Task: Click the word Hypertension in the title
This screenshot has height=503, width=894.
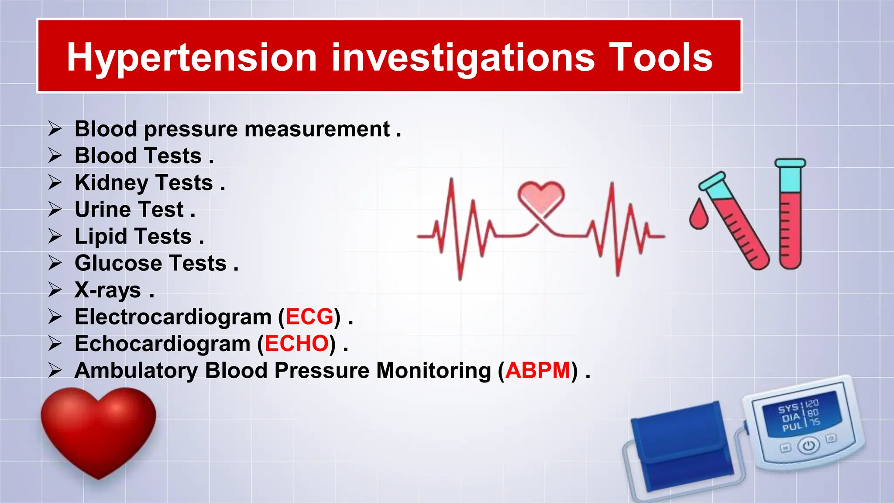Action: (x=191, y=58)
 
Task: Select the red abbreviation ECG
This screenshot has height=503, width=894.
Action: (x=309, y=317)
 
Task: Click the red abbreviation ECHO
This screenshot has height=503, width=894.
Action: (x=296, y=344)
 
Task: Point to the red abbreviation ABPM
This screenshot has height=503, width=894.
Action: (x=538, y=371)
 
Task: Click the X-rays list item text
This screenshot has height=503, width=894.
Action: (x=108, y=290)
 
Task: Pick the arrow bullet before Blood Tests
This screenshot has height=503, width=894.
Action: (x=55, y=156)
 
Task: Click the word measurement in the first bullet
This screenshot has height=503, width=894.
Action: (x=317, y=129)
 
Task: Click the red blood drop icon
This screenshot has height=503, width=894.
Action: (x=698, y=214)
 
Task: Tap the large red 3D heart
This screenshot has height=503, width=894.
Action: (x=98, y=430)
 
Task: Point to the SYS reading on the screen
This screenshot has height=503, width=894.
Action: (x=788, y=409)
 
